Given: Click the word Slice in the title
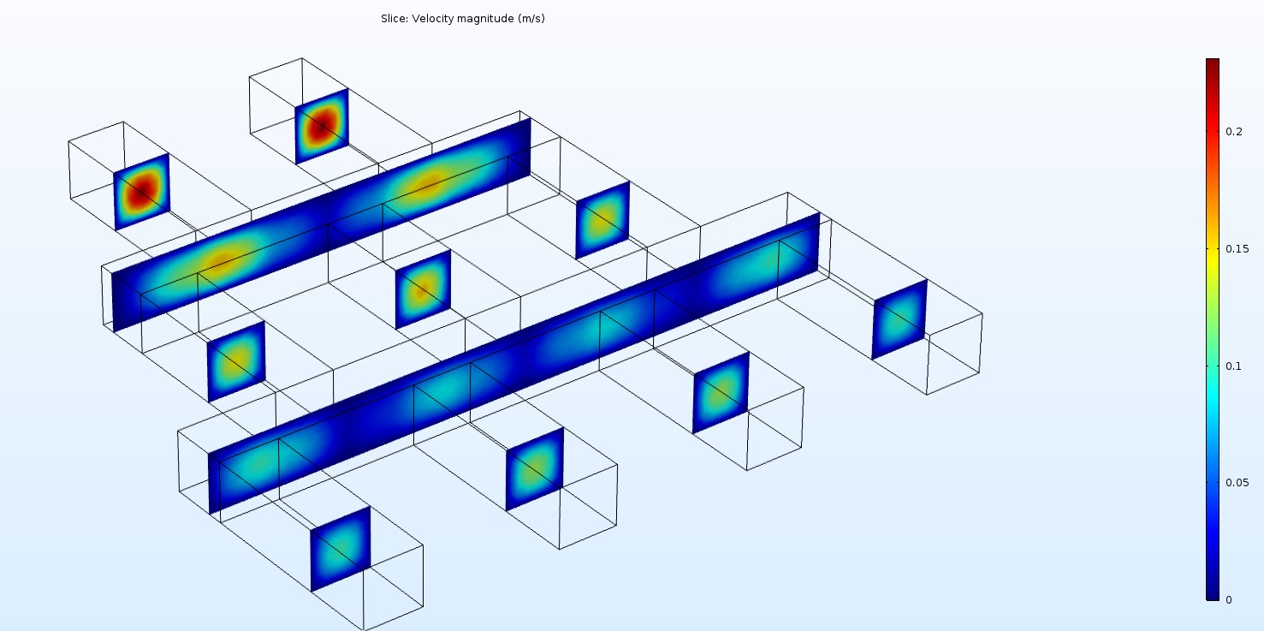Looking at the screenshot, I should point(394,19).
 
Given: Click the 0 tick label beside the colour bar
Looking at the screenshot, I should point(1229,599).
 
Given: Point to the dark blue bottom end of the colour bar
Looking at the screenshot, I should point(1213,595).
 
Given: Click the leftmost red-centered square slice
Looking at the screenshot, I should point(142,192).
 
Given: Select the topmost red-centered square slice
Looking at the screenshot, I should point(322,127).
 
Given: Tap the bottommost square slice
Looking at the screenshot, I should point(341,548).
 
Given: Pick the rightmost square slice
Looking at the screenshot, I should point(899,319).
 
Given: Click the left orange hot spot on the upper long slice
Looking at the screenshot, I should point(221,261).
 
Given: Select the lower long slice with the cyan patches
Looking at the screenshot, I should point(513,364).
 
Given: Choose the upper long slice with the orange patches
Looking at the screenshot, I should point(321,224).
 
